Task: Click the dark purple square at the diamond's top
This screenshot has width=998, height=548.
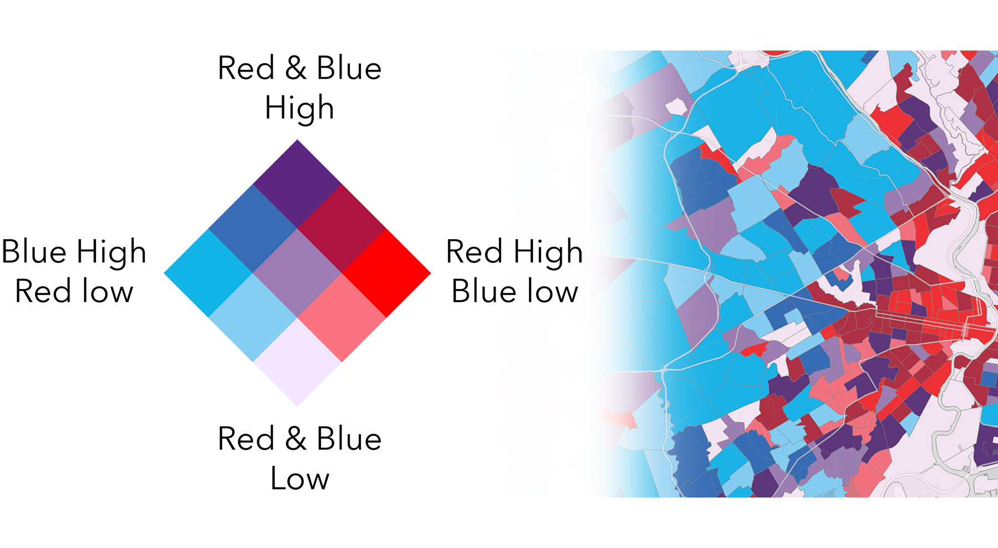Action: click(x=297, y=184)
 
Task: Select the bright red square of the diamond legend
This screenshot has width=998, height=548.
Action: click(x=386, y=273)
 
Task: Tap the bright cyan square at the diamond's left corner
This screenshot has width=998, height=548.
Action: click(x=208, y=273)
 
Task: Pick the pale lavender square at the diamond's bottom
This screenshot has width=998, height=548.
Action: click(x=297, y=362)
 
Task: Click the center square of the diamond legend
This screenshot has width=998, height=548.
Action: click(x=297, y=273)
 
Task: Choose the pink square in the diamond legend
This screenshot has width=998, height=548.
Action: click(x=342, y=317)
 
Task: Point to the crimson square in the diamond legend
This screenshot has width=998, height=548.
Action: click(x=342, y=229)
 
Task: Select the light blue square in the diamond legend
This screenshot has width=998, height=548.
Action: click(x=253, y=317)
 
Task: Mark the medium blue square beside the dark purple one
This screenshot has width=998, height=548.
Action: click(x=253, y=229)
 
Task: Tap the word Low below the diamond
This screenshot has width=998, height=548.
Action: click(x=299, y=478)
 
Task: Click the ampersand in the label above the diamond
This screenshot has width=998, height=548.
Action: click(x=296, y=68)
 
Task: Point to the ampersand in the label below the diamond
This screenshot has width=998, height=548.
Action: click(x=296, y=439)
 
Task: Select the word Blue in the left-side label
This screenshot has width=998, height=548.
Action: click(x=34, y=252)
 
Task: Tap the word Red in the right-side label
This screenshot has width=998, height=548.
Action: click(x=475, y=252)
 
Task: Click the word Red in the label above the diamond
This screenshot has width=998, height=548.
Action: click(x=246, y=68)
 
